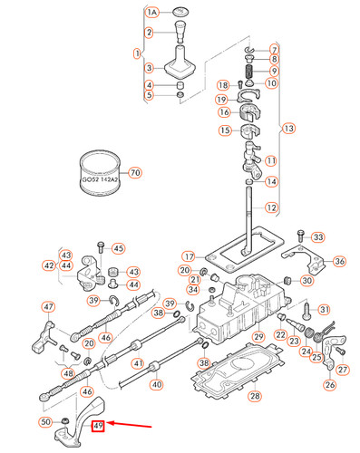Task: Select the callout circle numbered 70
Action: [x=136, y=172]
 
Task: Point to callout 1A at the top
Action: [x=152, y=12]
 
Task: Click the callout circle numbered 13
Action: [x=289, y=128]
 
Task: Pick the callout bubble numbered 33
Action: [x=317, y=237]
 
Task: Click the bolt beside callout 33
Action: [x=298, y=237]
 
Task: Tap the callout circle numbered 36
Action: [x=339, y=262]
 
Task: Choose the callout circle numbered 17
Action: [x=188, y=256]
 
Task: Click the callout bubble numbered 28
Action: [x=255, y=396]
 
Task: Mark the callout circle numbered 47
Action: [x=48, y=306]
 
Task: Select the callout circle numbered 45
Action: [x=118, y=248]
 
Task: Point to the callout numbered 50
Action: [x=45, y=422]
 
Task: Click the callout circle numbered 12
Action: [x=270, y=207]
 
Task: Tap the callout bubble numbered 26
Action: [x=329, y=385]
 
